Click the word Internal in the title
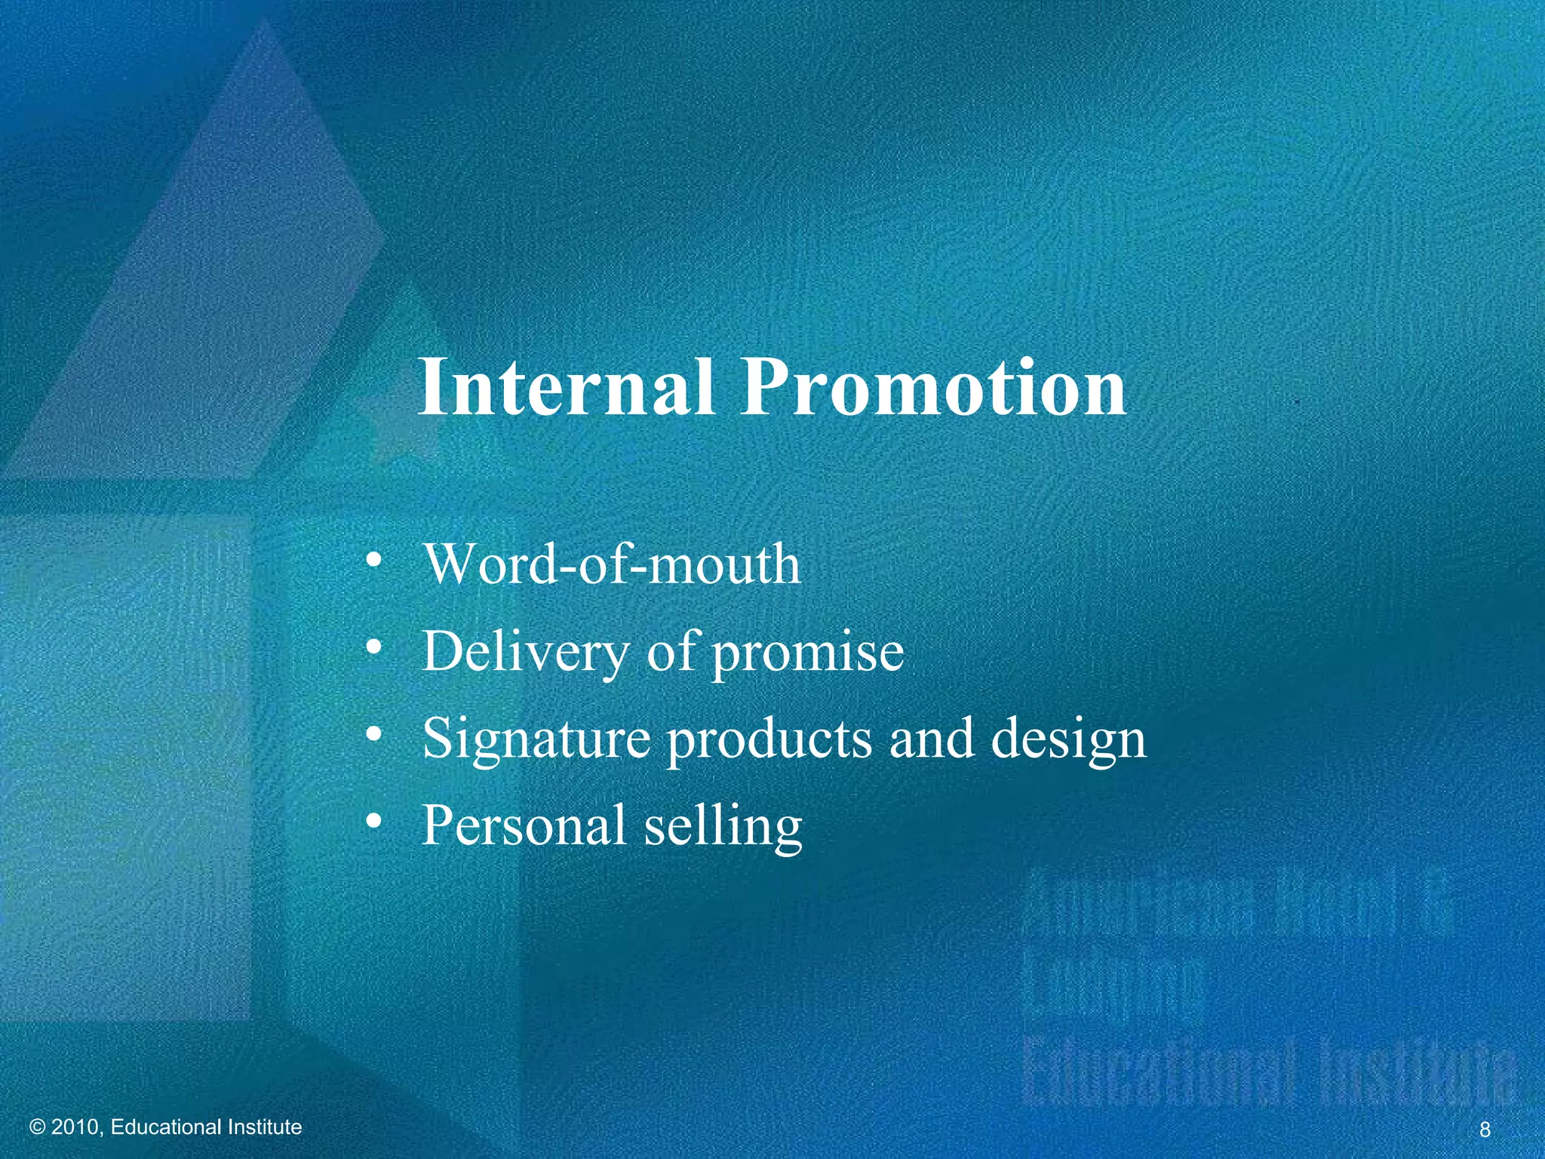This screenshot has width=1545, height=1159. click(566, 387)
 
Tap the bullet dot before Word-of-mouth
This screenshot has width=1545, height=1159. click(372, 561)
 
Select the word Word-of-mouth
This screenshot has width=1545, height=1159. click(612, 564)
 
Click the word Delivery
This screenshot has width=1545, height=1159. click(524, 651)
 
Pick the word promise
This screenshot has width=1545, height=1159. click(808, 653)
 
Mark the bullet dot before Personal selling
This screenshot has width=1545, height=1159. click(372, 822)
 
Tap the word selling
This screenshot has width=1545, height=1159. click(723, 826)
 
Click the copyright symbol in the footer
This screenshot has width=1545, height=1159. click(38, 1127)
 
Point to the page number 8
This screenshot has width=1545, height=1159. click(1485, 1130)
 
